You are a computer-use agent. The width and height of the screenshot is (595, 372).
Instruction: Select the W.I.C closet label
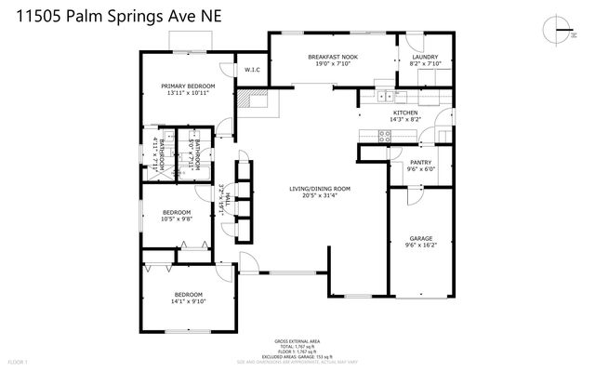tap(251, 70)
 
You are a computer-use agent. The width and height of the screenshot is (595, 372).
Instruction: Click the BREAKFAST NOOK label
tap(333, 57)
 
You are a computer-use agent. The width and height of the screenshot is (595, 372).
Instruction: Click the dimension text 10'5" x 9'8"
tap(177, 219)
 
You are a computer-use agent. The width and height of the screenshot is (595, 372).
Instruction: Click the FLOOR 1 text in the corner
tap(18, 359)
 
